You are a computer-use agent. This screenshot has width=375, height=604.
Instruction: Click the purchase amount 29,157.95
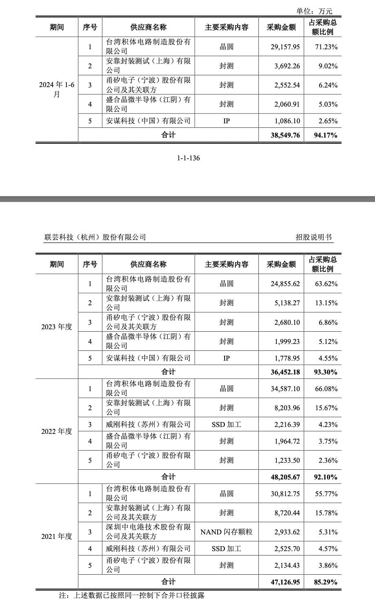[x=285, y=47]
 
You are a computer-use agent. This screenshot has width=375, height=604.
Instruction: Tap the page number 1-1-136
[x=188, y=158]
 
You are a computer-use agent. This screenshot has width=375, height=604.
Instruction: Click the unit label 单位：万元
[x=314, y=11]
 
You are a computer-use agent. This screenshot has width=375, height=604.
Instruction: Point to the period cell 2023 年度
[x=57, y=326]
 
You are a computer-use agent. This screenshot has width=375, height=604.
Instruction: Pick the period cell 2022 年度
[x=57, y=431]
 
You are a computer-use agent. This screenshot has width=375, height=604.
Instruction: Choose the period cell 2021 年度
[x=57, y=536]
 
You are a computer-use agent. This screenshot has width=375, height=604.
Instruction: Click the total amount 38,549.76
[x=285, y=135]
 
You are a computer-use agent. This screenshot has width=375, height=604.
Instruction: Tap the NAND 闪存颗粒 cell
[x=226, y=532]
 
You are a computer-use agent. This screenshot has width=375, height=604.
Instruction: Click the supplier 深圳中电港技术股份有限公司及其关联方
[x=148, y=532]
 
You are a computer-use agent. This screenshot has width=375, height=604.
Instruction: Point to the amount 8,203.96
[x=285, y=407]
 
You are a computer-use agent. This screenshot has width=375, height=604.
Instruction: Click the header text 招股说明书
[x=313, y=237]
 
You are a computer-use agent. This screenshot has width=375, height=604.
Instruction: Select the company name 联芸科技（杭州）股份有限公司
[x=95, y=237]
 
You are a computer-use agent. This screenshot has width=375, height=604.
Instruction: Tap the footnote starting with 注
[x=132, y=595]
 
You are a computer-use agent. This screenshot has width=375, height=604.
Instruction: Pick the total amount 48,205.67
[x=285, y=477]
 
